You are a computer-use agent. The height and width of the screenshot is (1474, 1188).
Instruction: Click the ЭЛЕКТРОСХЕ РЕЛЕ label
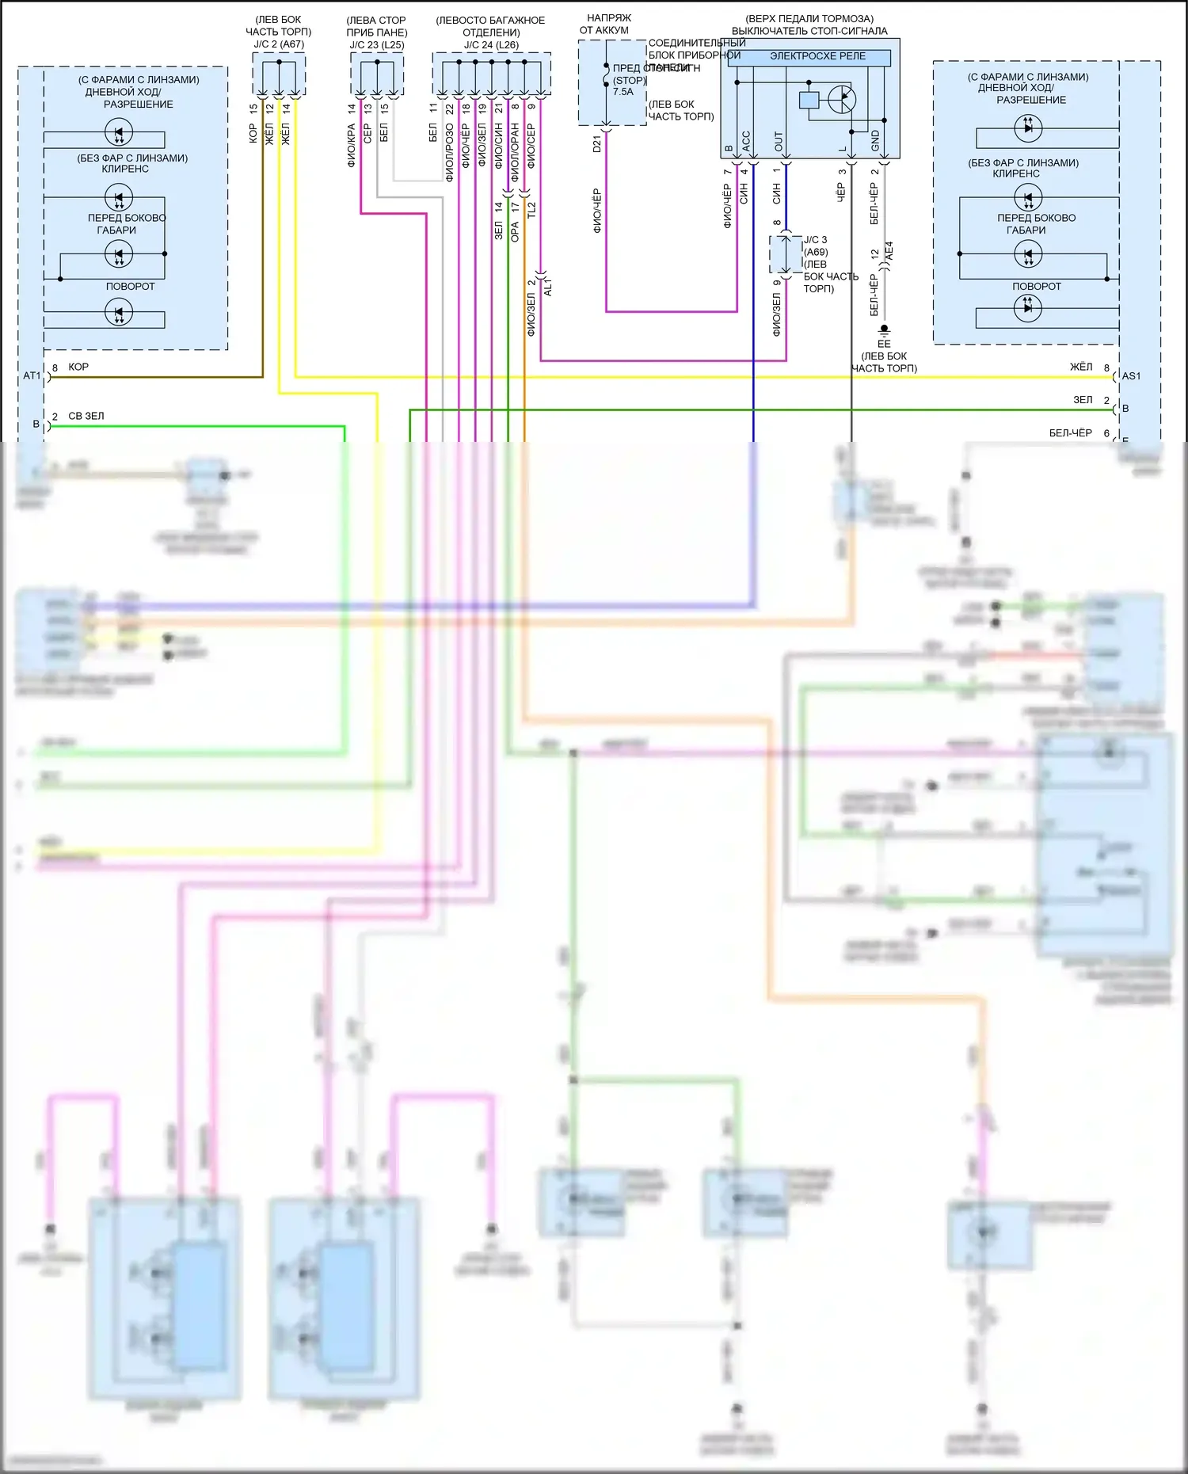tap(817, 56)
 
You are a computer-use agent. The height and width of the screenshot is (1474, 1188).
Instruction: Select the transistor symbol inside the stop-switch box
tap(841, 100)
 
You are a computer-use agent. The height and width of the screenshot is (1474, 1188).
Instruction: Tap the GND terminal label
tap(875, 141)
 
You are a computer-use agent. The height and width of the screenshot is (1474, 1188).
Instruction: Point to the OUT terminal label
tap(779, 142)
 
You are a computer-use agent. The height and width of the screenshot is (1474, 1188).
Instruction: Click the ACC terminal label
tap(745, 141)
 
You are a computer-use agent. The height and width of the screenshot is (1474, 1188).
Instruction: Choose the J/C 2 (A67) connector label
tap(279, 44)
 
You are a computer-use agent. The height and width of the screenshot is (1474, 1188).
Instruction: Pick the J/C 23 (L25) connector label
tap(377, 45)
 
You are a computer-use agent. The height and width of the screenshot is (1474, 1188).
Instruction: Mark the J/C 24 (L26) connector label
tap(491, 45)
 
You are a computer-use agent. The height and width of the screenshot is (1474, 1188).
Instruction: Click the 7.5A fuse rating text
tap(623, 92)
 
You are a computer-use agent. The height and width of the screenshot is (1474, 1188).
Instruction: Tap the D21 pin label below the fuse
tap(597, 144)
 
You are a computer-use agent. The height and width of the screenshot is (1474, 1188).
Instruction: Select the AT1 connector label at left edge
tap(32, 375)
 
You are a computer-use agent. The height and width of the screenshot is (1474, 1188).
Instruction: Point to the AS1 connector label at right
tap(1131, 376)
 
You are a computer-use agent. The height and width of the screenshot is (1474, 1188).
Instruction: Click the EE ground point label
tap(884, 344)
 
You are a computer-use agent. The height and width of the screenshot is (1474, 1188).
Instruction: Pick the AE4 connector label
tap(889, 251)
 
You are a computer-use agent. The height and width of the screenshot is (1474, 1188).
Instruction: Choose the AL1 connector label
tap(548, 287)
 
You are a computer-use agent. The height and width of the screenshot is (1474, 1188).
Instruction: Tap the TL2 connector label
tap(531, 211)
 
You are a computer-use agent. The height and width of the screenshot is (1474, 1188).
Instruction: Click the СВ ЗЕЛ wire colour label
tap(86, 416)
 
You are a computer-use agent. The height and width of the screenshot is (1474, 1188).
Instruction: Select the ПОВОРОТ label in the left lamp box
tap(131, 287)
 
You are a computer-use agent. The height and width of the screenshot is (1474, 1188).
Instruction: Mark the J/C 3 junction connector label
tap(815, 240)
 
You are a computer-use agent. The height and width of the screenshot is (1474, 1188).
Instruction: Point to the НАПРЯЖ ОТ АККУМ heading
tap(607, 24)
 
